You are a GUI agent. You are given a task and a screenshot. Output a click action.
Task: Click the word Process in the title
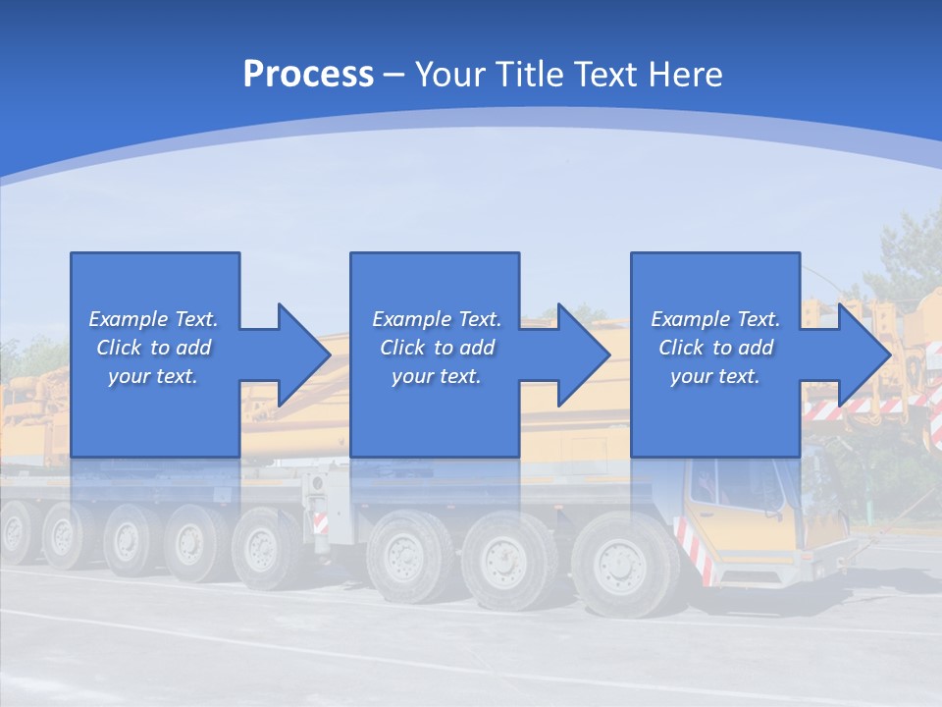pyautogui.click(x=308, y=75)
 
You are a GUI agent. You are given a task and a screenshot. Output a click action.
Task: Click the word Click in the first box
pyautogui.click(x=119, y=348)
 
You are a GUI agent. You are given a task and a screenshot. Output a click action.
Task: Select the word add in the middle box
pyautogui.click(x=477, y=348)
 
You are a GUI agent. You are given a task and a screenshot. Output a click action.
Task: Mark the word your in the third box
pyautogui.click(x=691, y=376)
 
